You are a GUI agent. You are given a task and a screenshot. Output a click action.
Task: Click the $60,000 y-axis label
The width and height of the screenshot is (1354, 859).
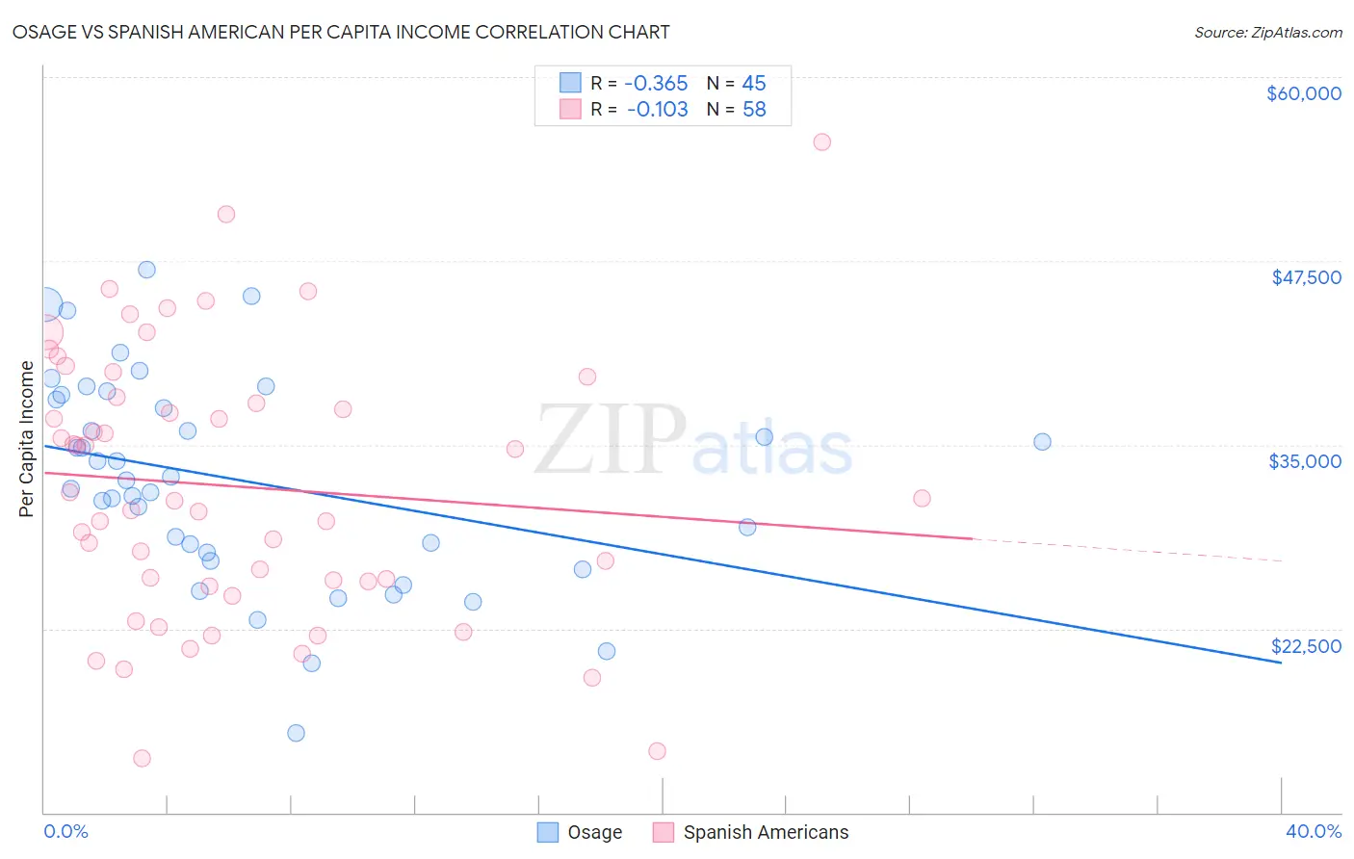[x=1303, y=93]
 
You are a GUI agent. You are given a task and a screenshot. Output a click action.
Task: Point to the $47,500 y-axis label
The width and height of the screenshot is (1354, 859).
[x=1306, y=277]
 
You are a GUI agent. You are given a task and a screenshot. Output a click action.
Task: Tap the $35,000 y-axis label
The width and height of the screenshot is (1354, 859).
[x=1305, y=461]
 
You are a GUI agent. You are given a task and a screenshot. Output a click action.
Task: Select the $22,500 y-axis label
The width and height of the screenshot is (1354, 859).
[x=1306, y=646]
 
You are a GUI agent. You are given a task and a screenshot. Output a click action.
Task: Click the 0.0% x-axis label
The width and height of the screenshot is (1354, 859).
[x=65, y=831]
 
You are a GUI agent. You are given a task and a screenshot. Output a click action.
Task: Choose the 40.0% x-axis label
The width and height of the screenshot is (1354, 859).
[x=1313, y=831]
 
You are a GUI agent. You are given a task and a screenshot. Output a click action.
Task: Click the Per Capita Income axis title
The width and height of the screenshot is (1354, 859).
[x=27, y=438]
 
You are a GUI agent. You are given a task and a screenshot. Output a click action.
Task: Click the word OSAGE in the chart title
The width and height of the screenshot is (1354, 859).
[x=39, y=32]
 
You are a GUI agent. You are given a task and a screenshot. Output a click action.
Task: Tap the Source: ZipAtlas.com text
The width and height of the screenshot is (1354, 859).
[x=1267, y=32]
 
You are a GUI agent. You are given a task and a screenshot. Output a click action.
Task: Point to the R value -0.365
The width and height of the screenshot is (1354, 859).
[x=656, y=83]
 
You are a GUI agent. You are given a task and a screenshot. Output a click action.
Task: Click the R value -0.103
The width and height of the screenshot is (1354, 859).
[x=657, y=110]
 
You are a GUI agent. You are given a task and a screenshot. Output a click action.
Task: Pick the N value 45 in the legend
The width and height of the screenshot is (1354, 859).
[x=754, y=83]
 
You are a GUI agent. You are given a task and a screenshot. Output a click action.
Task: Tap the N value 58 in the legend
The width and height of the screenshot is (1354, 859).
[x=754, y=110]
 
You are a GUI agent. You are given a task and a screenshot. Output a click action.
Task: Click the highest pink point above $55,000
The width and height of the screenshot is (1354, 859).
[x=821, y=142]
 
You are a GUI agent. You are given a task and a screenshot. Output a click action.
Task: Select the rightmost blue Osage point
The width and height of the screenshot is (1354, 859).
[x=1042, y=442]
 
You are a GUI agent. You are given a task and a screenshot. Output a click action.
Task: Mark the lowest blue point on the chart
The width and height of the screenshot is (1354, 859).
[x=296, y=733]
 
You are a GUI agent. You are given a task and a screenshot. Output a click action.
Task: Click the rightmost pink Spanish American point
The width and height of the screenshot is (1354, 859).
[x=922, y=498]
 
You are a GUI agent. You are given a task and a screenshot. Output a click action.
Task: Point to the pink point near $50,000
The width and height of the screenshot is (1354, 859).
[x=226, y=214]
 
